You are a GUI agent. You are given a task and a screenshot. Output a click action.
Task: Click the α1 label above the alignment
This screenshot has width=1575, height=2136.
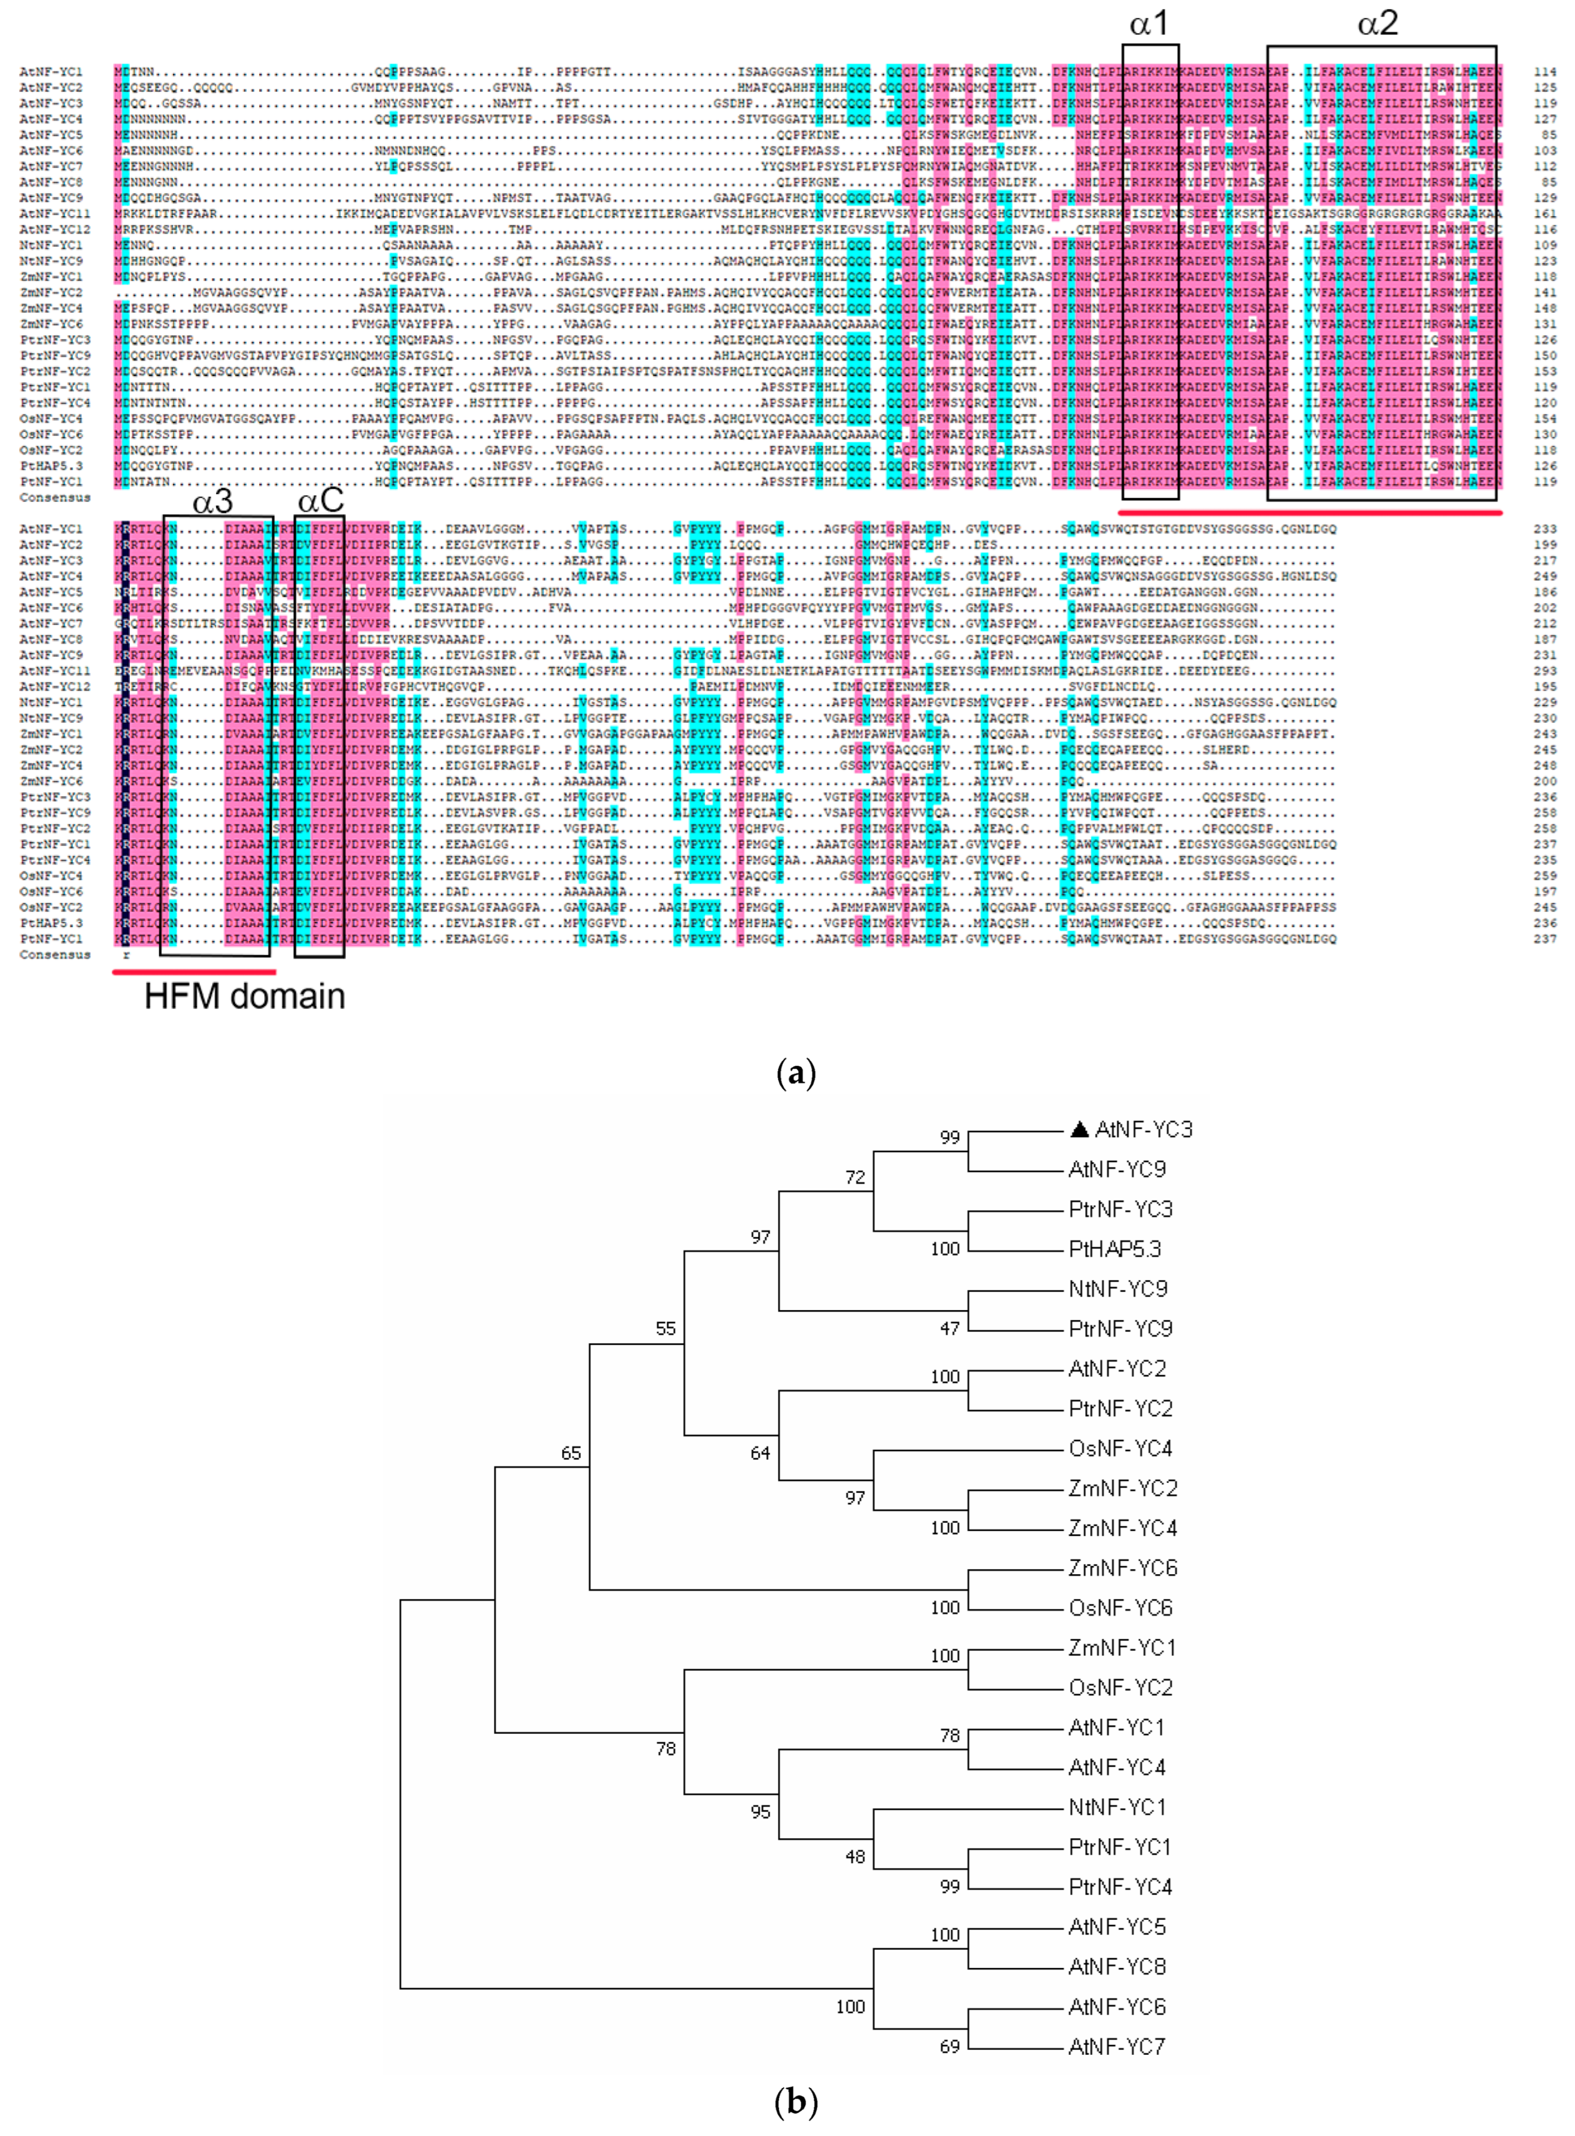[1149, 24]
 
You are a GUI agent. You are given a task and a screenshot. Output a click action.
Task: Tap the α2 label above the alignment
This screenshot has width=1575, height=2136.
[1378, 24]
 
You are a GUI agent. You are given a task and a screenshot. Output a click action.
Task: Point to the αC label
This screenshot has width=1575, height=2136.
[320, 502]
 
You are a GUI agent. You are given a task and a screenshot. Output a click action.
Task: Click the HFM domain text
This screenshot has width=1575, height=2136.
[244, 996]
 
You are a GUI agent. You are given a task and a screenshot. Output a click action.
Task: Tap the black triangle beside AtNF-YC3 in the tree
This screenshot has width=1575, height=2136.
[1079, 1129]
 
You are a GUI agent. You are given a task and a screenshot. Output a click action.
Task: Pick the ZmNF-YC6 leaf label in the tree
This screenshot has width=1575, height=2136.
[1122, 1568]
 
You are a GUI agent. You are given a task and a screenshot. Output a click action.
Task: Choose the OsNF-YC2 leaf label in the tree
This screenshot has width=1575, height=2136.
[1120, 1688]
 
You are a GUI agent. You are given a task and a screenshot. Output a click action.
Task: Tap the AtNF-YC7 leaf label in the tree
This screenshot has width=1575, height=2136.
[1116, 2046]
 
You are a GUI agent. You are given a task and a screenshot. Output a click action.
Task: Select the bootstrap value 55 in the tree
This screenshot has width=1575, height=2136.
[665, 1328]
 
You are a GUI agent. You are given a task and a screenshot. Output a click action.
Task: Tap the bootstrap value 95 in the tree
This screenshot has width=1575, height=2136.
[760, 1812]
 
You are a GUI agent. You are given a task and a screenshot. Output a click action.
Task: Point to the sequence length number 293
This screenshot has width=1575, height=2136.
[1545, 671]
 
